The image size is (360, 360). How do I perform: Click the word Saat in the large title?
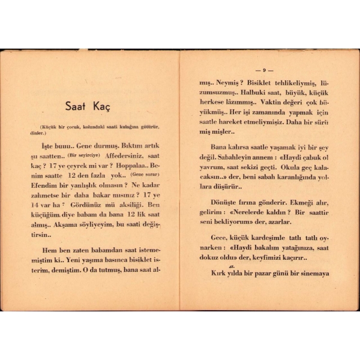[x=77, y=107]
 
